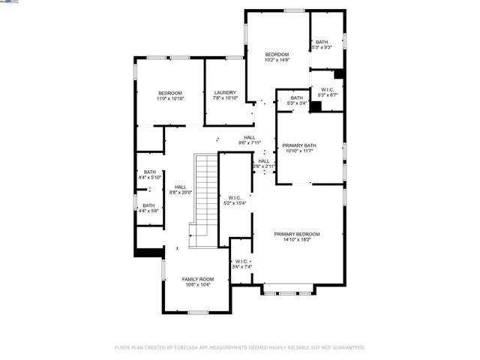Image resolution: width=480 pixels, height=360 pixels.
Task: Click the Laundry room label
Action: (x=225, y=93)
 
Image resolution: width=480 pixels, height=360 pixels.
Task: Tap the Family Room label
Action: (x=197, y=279)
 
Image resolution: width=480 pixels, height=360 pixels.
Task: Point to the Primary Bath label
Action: (x=299, y=145)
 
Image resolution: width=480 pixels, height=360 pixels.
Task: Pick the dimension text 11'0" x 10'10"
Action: (x=170, y=98)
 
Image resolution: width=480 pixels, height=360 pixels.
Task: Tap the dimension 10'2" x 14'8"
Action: (x=277, y=60)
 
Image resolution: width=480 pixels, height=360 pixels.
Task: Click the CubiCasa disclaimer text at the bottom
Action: (x=239, y=347)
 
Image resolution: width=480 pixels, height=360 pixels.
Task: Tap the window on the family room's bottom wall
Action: (x=198, y=312)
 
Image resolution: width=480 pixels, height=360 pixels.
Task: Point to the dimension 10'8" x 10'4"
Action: (x=197, y=284)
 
